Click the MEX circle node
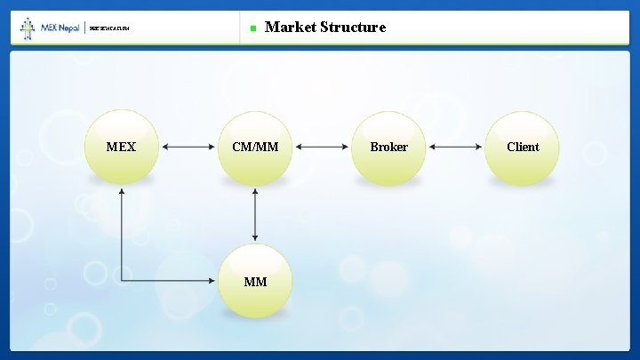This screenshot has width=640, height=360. tap(121, 148)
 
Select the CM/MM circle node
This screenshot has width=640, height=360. tap(255, 148)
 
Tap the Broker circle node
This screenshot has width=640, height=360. tap(388, 148)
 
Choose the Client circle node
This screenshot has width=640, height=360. tap(523, 148)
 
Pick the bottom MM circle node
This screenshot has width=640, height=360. tap(255, 282)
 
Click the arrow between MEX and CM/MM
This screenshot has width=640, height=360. tap(188, 148)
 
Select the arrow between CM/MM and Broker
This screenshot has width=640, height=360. tap(322, 148)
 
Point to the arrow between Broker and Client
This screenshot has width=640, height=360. tap(456, 148)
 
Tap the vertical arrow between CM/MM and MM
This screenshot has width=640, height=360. tap(255, 214)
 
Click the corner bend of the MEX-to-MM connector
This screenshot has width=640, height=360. tap(122, 282)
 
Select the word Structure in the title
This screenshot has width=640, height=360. tap(354, 27)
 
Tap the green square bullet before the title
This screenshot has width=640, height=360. tap(252, 28)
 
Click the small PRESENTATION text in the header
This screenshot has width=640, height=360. tap(109, 29)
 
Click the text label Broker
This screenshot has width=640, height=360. tap(388, 147)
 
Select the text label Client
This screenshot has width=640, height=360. tap(523, 147)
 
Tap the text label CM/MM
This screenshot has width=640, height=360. tap(255, 147)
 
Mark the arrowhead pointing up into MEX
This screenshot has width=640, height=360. tap(122, 191)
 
